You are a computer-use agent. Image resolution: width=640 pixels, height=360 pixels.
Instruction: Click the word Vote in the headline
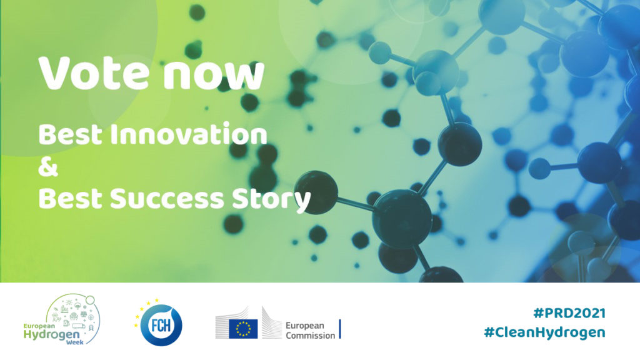click(x=94, y=74)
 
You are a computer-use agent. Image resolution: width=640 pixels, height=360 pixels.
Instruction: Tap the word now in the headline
click(x=214, y=76)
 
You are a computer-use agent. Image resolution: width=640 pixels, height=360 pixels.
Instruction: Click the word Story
click(x=271, y=200)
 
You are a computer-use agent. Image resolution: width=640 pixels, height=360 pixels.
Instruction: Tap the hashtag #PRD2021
click(x=569, y=314)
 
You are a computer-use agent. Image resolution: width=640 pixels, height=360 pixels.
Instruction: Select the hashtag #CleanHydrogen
click(x=544, y=332)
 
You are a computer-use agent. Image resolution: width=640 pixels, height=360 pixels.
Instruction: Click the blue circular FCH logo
click(x=161, y=325)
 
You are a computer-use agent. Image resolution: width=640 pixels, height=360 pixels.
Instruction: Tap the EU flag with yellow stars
click(x=243, y=329)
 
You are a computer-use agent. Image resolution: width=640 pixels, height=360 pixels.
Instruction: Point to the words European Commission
click(x=310, y=331)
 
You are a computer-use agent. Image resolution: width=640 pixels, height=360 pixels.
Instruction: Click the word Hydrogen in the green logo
click(x=51, y=336)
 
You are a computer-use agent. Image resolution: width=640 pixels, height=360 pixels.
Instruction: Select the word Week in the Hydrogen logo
click(x=75, y=342)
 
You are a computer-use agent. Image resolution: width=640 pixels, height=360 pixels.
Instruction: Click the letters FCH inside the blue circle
click(x=161, y=326)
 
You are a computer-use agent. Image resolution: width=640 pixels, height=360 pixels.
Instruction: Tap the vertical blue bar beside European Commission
click(x=340, y=329)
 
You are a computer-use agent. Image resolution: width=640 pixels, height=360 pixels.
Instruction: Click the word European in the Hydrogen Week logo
click(x=39, y=326)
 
